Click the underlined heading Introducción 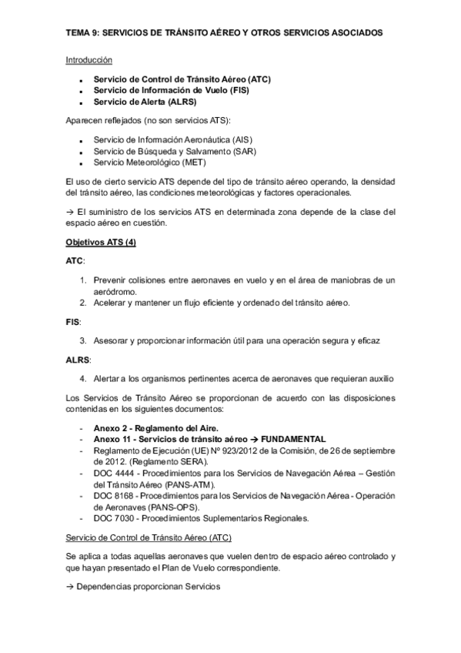tap(89, 59)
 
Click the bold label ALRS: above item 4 tap(78, 359)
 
